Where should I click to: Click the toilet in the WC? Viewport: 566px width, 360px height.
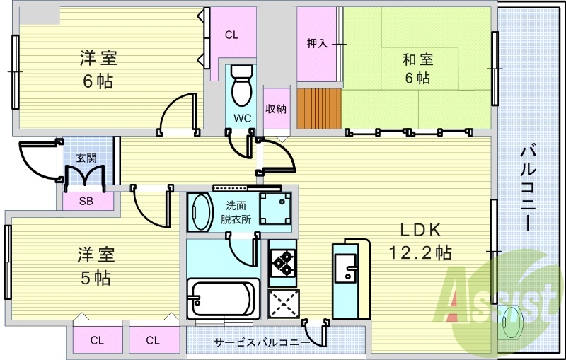click(241, 86)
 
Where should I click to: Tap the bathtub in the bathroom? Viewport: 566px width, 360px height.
click(224, 298)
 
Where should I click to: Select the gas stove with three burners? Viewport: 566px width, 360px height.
click(282, 263)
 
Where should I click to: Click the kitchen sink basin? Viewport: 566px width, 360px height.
click(345, 267)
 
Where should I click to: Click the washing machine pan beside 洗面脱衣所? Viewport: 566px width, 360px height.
click(275, 209)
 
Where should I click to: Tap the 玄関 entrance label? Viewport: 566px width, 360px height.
click(86, 158)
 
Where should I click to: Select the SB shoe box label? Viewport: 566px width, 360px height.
click(86, 202)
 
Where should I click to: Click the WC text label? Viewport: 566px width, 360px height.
click(242, 118)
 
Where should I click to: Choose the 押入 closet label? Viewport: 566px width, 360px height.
click(317, 44)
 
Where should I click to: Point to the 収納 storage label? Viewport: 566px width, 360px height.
click(276, 109)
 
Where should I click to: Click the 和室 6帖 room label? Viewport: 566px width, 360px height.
click(417, 69)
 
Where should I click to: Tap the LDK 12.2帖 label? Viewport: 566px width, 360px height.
click(420, 241)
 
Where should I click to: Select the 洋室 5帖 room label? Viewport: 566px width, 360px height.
click(96, 266)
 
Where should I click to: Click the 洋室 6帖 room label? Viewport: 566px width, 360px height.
click(98, 69)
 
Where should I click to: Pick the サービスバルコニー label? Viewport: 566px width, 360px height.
click(261, 342)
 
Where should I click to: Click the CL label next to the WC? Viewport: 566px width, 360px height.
click(231, 35)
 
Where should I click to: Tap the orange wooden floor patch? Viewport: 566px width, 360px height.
click(319, 109)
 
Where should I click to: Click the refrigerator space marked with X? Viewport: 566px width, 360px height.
click(284, 303)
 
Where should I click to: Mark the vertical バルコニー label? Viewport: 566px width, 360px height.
click(528, 187)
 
